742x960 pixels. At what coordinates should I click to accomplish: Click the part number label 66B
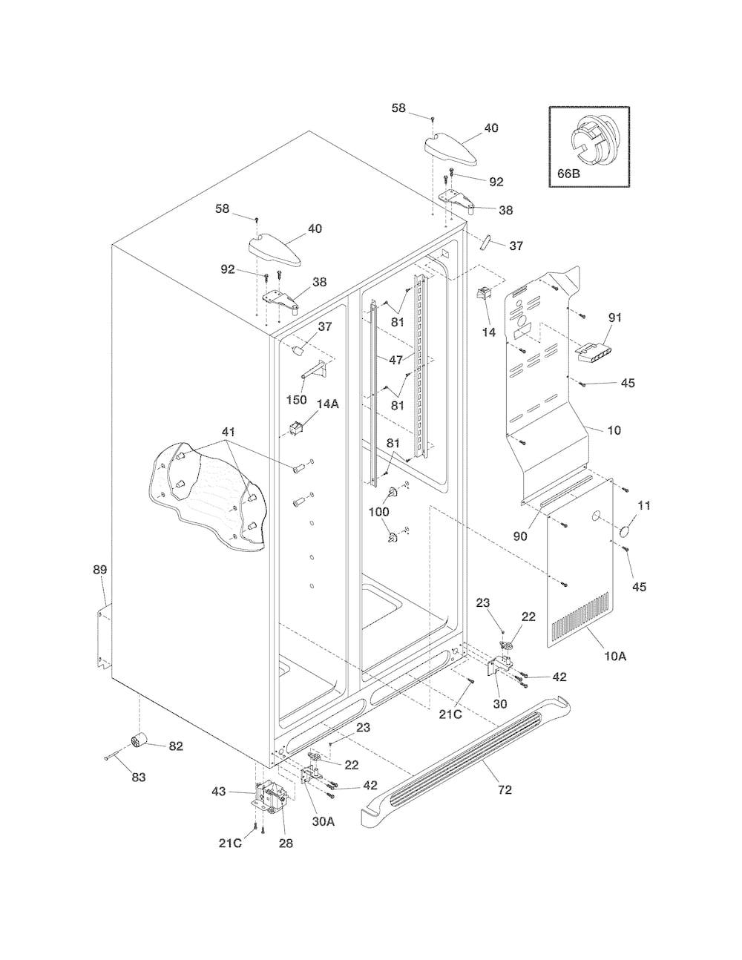click(568, 173)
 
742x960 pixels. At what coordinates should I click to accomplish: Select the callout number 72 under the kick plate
click(505, 789)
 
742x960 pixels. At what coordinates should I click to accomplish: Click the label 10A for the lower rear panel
click(615, 669)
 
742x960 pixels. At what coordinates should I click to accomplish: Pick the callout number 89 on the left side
click(100, 570)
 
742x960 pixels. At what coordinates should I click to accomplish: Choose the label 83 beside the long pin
click(139, 777)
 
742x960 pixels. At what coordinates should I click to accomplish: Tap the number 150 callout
click(296, 400)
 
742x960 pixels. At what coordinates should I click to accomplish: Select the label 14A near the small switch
click(327, 404)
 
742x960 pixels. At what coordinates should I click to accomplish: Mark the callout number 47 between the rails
click(395, 360)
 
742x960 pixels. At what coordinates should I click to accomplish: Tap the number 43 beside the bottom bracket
click(219, 792)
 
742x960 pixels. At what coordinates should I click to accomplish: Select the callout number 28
click(286, 844)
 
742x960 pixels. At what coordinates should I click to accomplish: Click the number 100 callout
click(379, 512)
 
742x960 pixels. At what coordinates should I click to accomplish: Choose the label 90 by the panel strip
click(520, 536)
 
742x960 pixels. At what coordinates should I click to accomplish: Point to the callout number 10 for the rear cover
click(614, 430)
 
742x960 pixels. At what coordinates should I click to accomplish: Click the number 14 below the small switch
click(489, 332)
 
